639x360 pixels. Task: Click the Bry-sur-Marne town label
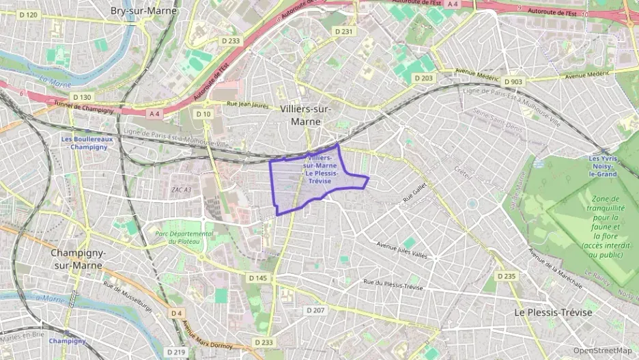coord(144,11)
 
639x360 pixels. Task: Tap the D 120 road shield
coord(27,14)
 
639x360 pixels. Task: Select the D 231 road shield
coord(346,31)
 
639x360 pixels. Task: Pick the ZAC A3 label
coord(181,189)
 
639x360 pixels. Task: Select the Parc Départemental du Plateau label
coord(184,237)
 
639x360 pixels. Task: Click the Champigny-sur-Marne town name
coord(79,259)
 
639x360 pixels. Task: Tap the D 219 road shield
coord(176,352)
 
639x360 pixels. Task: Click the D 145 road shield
coord(257,278)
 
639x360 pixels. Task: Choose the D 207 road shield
coord(315,310)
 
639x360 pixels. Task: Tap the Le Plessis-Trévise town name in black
coord(553,311)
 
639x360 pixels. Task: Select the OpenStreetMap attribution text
coord(602,350)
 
